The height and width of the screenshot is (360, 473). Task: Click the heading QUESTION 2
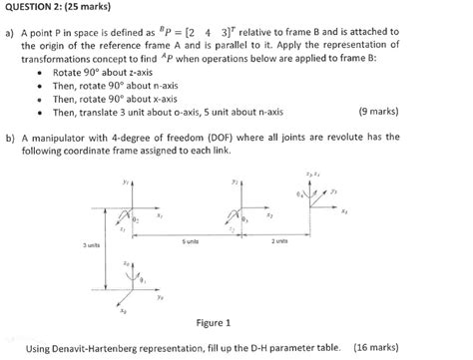pyautogui.click(x=39, y=9)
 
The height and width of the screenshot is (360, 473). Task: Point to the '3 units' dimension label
pyautogui.click(x=91, y=244)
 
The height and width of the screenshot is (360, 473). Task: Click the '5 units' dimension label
pyautogui.click(x=190, y=241)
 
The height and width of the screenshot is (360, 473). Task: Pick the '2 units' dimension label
pyautogui.click(x=279, y=241)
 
